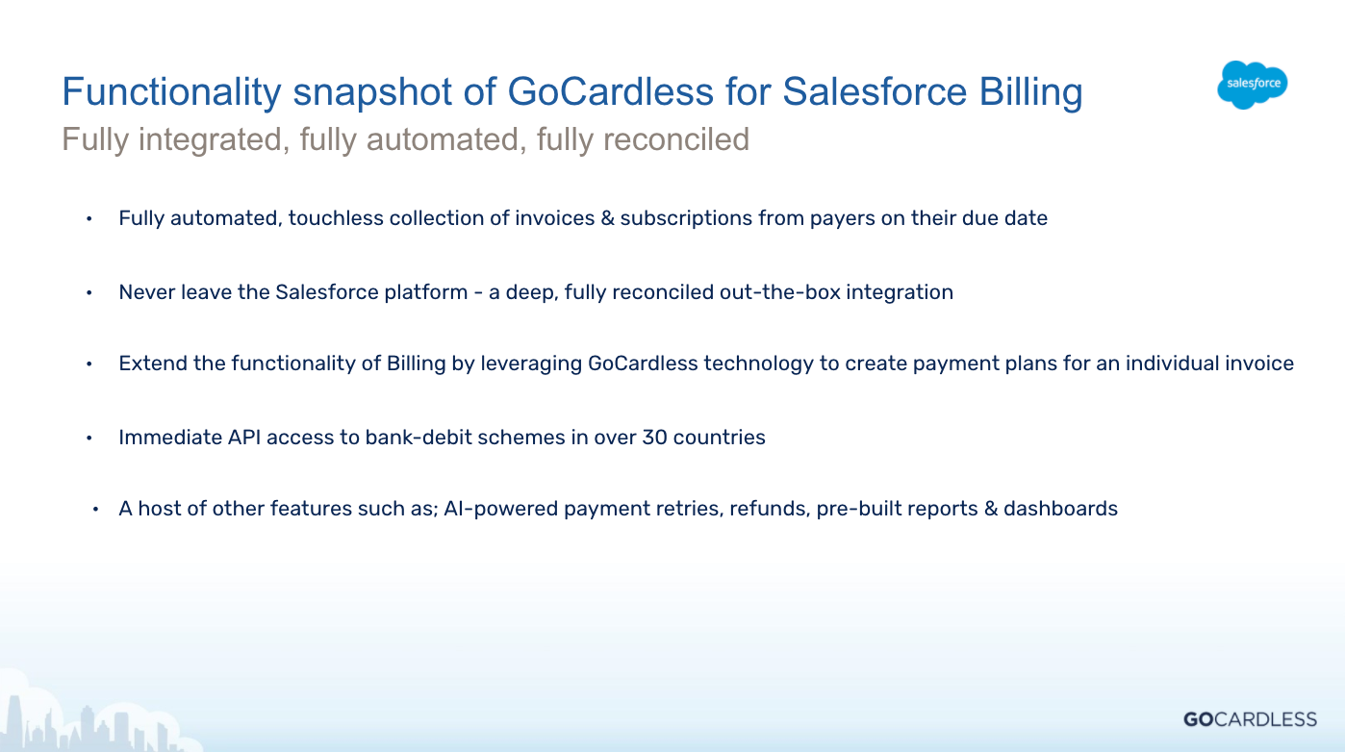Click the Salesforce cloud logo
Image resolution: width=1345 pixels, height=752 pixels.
[1253, 85]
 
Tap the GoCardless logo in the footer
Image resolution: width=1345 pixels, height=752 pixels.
[1250, 719]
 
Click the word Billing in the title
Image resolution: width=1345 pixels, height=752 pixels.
[1031, 92]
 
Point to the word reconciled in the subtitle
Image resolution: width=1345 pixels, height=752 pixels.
[676, 139]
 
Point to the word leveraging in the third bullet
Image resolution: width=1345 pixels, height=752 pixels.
[531, 363]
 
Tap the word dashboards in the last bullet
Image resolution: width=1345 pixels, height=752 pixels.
[1060, 509]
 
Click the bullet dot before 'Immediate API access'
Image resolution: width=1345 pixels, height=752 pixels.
[89, 439]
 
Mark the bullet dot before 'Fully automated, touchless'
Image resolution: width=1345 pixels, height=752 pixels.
[89, 218]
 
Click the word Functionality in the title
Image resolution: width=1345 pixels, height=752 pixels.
[171, 92]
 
